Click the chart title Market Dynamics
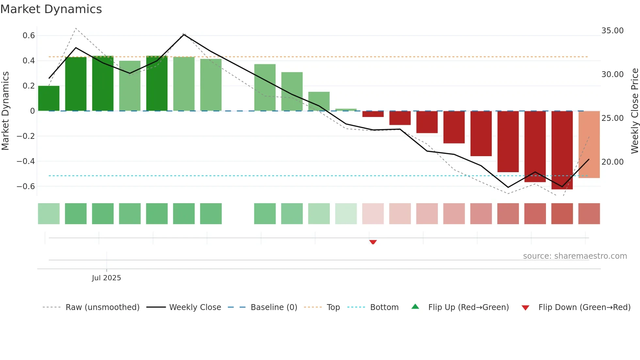pyautogui.click(x=51, y=9)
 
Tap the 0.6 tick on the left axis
pyautogui.click(x=29, y=36)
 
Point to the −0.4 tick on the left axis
pyautogui.click(x=26, y=161)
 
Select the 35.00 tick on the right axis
pyautogui.click(x=612, y=31)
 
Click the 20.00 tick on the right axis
pyautogui.click(x=612, y=162)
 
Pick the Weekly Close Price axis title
pyautogui.click(x=634, y=111)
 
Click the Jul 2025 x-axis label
pyautogui.click(x=106, y=278)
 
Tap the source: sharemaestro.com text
pyautogui.click(x=575, y=256)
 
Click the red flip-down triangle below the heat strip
pyautogui.click(x=373, y=242)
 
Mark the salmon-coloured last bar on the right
pyautogui.click(x=589, y=144)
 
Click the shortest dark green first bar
pyautogui.click(x=49, y=98)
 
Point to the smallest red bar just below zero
pyautogui.click(x=373, y=114)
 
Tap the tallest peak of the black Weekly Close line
pyautogui.click(x=184, y=34)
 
